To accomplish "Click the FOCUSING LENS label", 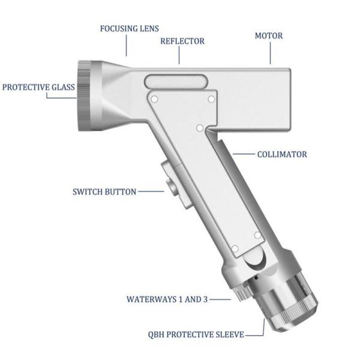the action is tap(130, 29).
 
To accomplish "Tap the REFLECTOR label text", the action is tap(182, 41).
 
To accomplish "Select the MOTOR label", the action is tap(269, 35).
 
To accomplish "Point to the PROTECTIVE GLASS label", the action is tap(38, 87).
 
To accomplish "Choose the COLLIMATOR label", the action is tap(282, 154).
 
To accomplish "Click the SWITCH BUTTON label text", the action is tap(104, 192).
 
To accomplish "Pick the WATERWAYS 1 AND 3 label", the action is tap(167, 299).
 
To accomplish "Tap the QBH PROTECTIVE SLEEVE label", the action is tap(196, 334).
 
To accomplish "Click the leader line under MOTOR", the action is tap(270, 53).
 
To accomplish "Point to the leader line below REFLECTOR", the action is tap(179, 55).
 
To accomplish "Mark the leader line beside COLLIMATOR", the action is tap(244, 154).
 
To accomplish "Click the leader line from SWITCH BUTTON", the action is tap(151, 191).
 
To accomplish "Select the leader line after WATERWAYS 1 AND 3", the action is tap(220, 299).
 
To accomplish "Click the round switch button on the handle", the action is tap(172, 185).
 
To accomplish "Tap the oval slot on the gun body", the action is tap(176, 81).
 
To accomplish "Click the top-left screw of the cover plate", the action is tap(155, 100).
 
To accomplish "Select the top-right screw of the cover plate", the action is tap(211, 100).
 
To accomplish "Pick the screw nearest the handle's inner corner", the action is tap(200, 128).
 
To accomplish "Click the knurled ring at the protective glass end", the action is tap(85, 96).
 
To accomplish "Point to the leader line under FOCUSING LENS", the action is tap(126, 46).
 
